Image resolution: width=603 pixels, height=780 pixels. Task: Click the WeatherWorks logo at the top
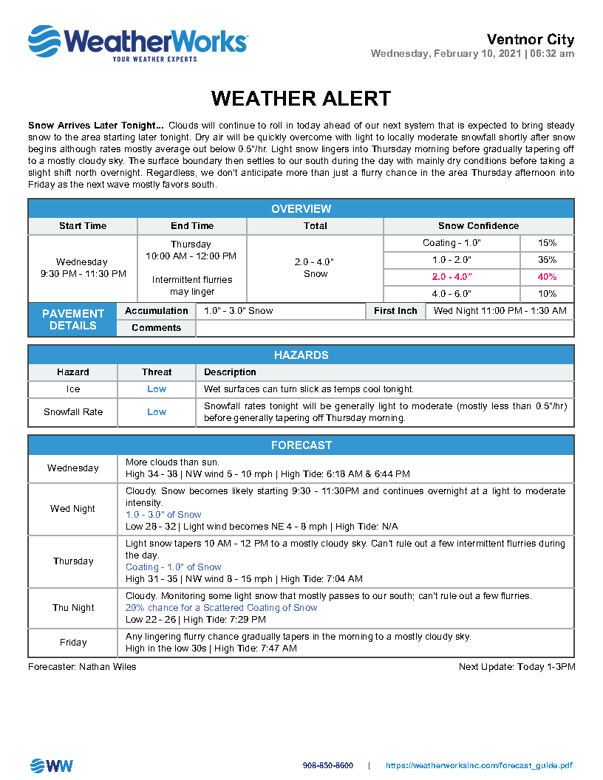137,43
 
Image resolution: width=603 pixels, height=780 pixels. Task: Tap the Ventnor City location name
530,40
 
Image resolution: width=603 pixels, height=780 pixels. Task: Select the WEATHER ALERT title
301,98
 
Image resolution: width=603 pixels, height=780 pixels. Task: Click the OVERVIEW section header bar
301,209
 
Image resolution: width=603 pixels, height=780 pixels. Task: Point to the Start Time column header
83,226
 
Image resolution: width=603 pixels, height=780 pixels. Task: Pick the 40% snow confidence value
547,277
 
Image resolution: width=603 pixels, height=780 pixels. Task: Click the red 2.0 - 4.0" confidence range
452,277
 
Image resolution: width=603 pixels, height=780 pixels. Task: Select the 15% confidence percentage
547,243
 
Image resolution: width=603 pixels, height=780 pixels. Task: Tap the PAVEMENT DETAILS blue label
72,319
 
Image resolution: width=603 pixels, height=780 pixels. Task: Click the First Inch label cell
395,311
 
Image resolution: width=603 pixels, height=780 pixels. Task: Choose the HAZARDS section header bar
301,355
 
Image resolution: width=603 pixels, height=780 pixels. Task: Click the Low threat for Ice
157,389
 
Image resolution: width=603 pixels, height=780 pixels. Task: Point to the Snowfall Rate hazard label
73,412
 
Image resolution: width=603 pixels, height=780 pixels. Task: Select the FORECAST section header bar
301,445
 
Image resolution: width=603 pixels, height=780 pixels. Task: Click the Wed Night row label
73,509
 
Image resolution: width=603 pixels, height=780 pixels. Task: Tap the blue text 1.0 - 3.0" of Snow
163,515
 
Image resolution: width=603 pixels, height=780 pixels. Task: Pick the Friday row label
73,643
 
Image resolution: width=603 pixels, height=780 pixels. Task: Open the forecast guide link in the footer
479,766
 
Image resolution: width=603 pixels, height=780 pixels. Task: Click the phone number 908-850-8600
327,766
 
